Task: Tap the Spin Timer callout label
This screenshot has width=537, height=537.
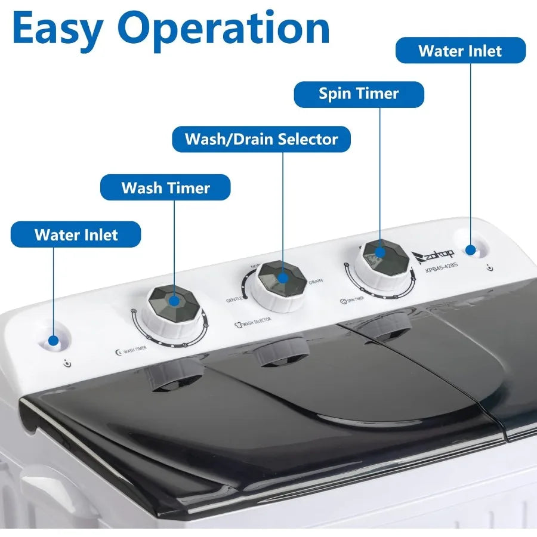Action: tap(359, 94)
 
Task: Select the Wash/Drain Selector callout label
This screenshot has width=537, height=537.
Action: tap(261, 139)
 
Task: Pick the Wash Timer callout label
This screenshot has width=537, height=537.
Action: tap(165, 187)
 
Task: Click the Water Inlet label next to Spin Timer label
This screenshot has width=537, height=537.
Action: tap(461, 51)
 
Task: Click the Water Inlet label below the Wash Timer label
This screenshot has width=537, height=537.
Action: tap(76, 234)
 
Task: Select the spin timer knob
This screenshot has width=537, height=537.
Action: tap(382, 258)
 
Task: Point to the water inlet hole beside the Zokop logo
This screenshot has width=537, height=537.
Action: tap(471, 250)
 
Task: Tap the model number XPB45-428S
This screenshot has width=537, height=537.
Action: tap(442, 270)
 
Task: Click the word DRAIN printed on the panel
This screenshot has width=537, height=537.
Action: tap(316, 280)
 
